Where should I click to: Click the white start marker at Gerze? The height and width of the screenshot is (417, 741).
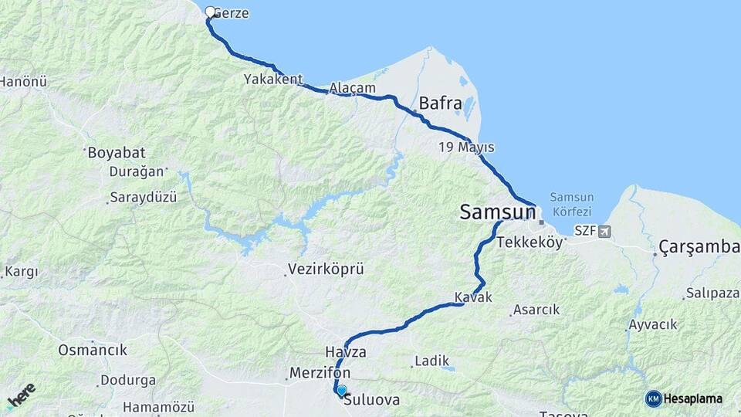click(210, 12)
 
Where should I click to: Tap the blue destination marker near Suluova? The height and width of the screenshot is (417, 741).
click(342, 391)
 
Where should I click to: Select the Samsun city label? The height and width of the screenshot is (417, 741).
click(497, 212)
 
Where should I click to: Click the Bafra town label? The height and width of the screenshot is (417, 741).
click(440, 103)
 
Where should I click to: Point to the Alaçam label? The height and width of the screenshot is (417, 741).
click(352, 88)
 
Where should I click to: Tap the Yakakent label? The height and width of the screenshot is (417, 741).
click(273, 79)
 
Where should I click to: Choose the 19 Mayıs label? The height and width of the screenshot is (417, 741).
click(466, 147)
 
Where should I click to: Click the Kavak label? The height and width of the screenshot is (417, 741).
click(473, 297)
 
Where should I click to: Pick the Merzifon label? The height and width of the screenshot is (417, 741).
click(320, 373)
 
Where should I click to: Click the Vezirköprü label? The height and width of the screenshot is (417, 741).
click(325, 270)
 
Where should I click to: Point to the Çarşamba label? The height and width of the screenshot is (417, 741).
click(699, 247)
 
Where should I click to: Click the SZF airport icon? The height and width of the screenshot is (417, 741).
click(603, 231)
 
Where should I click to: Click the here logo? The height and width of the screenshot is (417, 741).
click(21, 395)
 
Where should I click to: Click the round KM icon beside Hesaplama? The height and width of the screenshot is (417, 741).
click(653, 398)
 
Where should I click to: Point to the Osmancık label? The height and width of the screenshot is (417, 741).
click(93, 350)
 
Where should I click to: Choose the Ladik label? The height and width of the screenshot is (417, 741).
click(431, 361)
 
